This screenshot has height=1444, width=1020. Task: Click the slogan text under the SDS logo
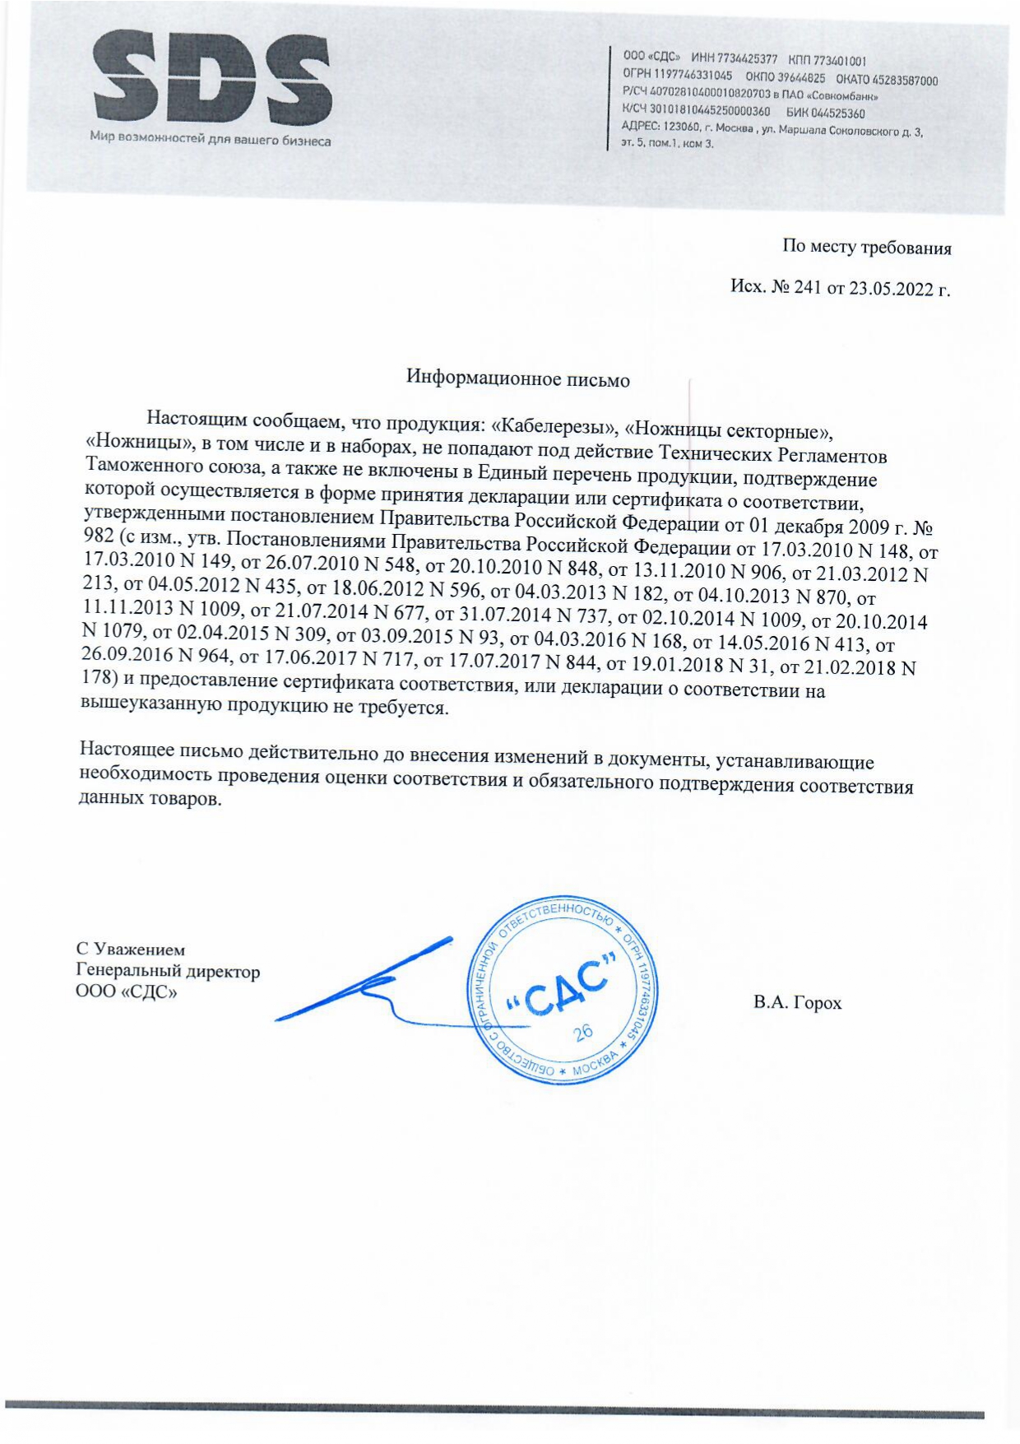pos(211,140)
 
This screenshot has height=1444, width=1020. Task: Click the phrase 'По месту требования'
pos(866,247)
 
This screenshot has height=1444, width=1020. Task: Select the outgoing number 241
pos(808,288)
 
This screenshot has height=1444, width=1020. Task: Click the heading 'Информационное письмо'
pos(518,379)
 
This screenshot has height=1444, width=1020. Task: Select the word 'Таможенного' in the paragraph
pos(133,465)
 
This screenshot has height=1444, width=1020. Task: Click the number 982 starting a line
pos(98,535)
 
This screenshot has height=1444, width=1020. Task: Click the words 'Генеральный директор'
pos(168,971)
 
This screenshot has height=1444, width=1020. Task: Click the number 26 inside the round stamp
pos(583,1033)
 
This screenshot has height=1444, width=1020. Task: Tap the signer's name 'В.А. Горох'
pos(797,1003)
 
